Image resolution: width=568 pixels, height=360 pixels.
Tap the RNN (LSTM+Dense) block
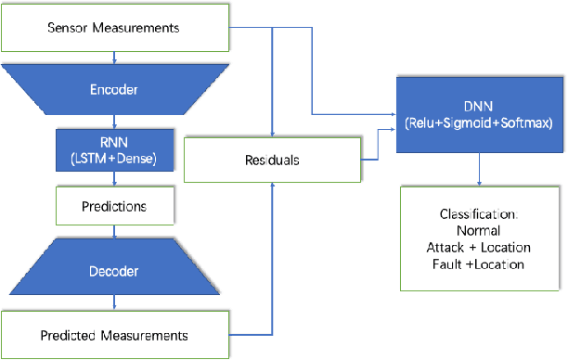[114, 149]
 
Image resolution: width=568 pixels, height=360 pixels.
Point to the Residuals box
[272, 160]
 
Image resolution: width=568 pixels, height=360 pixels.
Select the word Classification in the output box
[479, 214]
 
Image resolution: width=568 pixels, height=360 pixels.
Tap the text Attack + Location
[479, 248]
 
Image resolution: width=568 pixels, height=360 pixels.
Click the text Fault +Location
[479, 264]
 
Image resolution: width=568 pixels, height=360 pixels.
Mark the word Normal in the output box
[479, 231]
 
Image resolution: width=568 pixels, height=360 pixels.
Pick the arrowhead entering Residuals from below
[272, 186]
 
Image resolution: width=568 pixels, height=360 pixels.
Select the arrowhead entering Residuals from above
[272, 134]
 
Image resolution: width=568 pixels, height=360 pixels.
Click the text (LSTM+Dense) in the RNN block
[114, 158]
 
